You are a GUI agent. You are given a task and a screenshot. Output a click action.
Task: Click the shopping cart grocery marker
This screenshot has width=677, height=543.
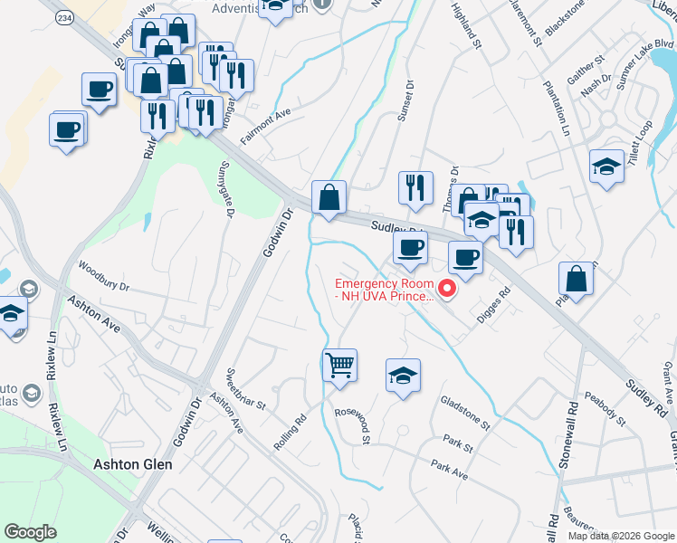(339, 366)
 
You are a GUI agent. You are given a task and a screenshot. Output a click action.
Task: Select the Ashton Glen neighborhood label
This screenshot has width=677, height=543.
(133, 463)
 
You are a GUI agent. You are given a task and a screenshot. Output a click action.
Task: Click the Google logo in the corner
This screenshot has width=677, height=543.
(31, 532)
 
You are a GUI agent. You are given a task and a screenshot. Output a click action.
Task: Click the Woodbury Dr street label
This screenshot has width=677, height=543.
(104, 277)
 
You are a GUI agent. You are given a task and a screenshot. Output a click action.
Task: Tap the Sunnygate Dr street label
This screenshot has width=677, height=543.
(226, 190)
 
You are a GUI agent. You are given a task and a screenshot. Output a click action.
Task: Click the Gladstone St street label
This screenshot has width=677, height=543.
(464, 412)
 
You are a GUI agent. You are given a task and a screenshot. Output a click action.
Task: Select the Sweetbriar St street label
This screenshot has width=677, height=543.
(244, 388)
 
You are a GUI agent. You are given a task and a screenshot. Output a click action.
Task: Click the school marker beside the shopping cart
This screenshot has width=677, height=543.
(404, 376)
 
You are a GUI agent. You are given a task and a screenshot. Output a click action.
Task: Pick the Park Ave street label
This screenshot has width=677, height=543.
(449, 468)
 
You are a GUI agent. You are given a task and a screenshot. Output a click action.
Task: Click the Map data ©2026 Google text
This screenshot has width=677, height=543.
(621, 536)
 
